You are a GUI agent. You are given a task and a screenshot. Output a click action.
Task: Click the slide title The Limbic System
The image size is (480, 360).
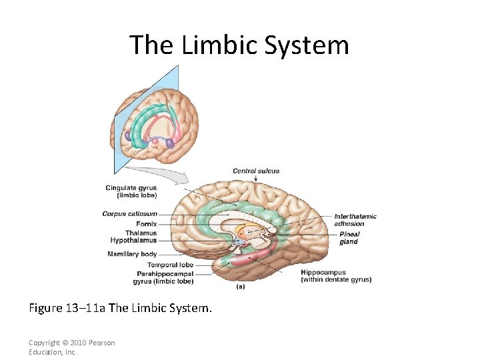(239, 45)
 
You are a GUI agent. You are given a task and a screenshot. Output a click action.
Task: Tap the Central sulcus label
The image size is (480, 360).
(256, 171)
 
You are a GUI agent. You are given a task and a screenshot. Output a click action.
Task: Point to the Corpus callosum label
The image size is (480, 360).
(129, 214)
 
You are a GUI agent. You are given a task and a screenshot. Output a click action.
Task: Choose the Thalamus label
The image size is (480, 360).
(141, 233)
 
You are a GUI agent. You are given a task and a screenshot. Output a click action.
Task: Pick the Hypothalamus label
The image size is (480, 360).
(133, 241)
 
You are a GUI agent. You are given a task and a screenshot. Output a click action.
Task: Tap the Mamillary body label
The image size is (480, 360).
(132, 254)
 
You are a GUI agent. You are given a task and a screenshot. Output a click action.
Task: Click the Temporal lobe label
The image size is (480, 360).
(170, 265)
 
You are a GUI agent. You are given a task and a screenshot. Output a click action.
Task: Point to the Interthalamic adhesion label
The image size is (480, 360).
(355, 220)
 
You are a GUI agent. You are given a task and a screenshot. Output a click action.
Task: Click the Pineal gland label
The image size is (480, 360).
(349, 238)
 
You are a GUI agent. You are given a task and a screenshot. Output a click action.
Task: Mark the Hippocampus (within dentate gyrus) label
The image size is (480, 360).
(335, 276)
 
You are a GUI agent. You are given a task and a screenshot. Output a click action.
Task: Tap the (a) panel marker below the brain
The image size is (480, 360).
(241, 287)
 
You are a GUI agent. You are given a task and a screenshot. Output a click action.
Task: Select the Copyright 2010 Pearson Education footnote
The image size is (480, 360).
(71, 347)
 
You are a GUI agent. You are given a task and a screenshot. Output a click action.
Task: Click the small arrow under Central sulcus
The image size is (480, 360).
(255, 179)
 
